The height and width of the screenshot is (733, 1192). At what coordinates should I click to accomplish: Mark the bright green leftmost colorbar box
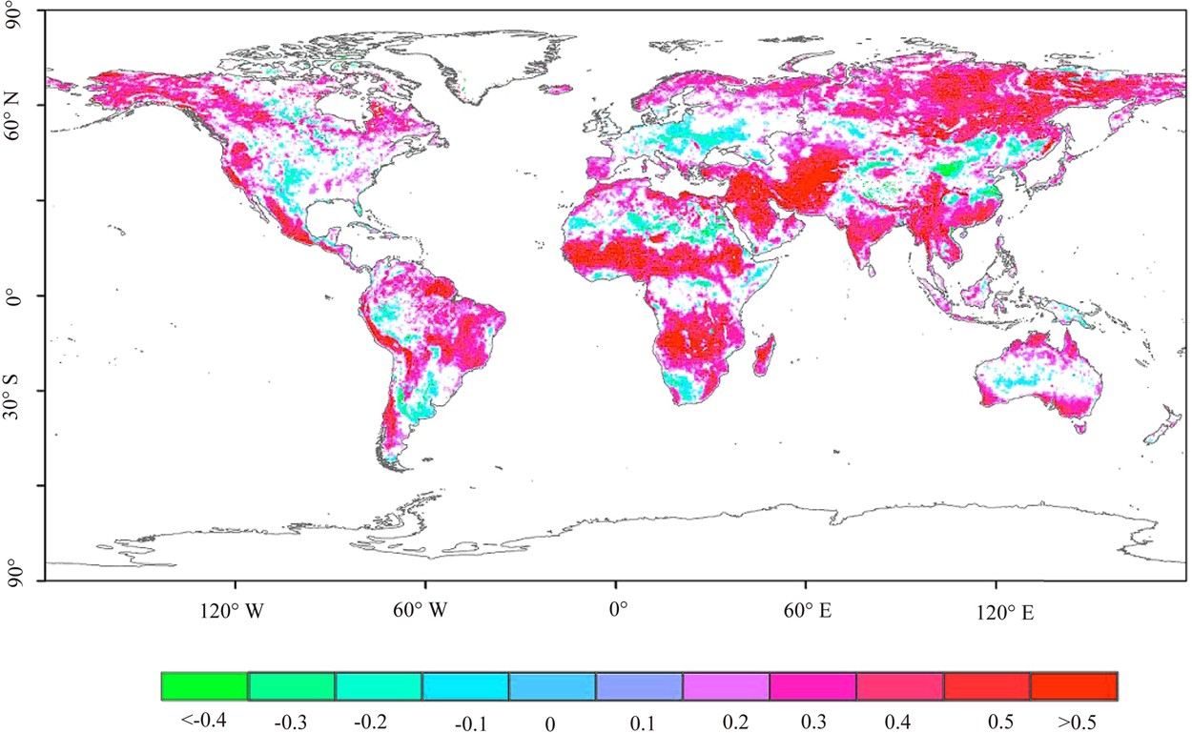tap(204, 686)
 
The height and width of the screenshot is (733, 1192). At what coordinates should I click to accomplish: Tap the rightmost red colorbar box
tap(1073, 686)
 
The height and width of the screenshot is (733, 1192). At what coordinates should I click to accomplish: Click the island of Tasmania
tap(1079, 428)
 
